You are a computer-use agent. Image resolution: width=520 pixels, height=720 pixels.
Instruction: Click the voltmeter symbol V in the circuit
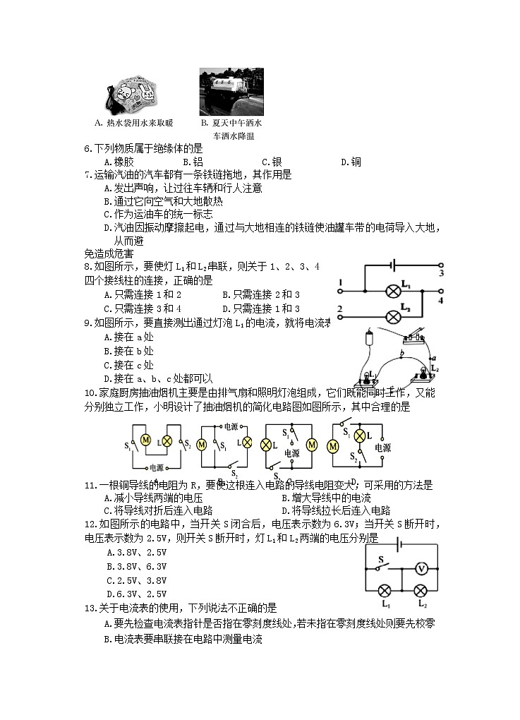[421, 568]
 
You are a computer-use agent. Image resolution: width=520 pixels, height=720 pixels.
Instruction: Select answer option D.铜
[351, 162]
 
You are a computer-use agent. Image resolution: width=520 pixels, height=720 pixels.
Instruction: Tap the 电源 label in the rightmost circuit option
[382, 447]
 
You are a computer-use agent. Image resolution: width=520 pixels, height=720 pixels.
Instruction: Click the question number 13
[89, 607]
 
